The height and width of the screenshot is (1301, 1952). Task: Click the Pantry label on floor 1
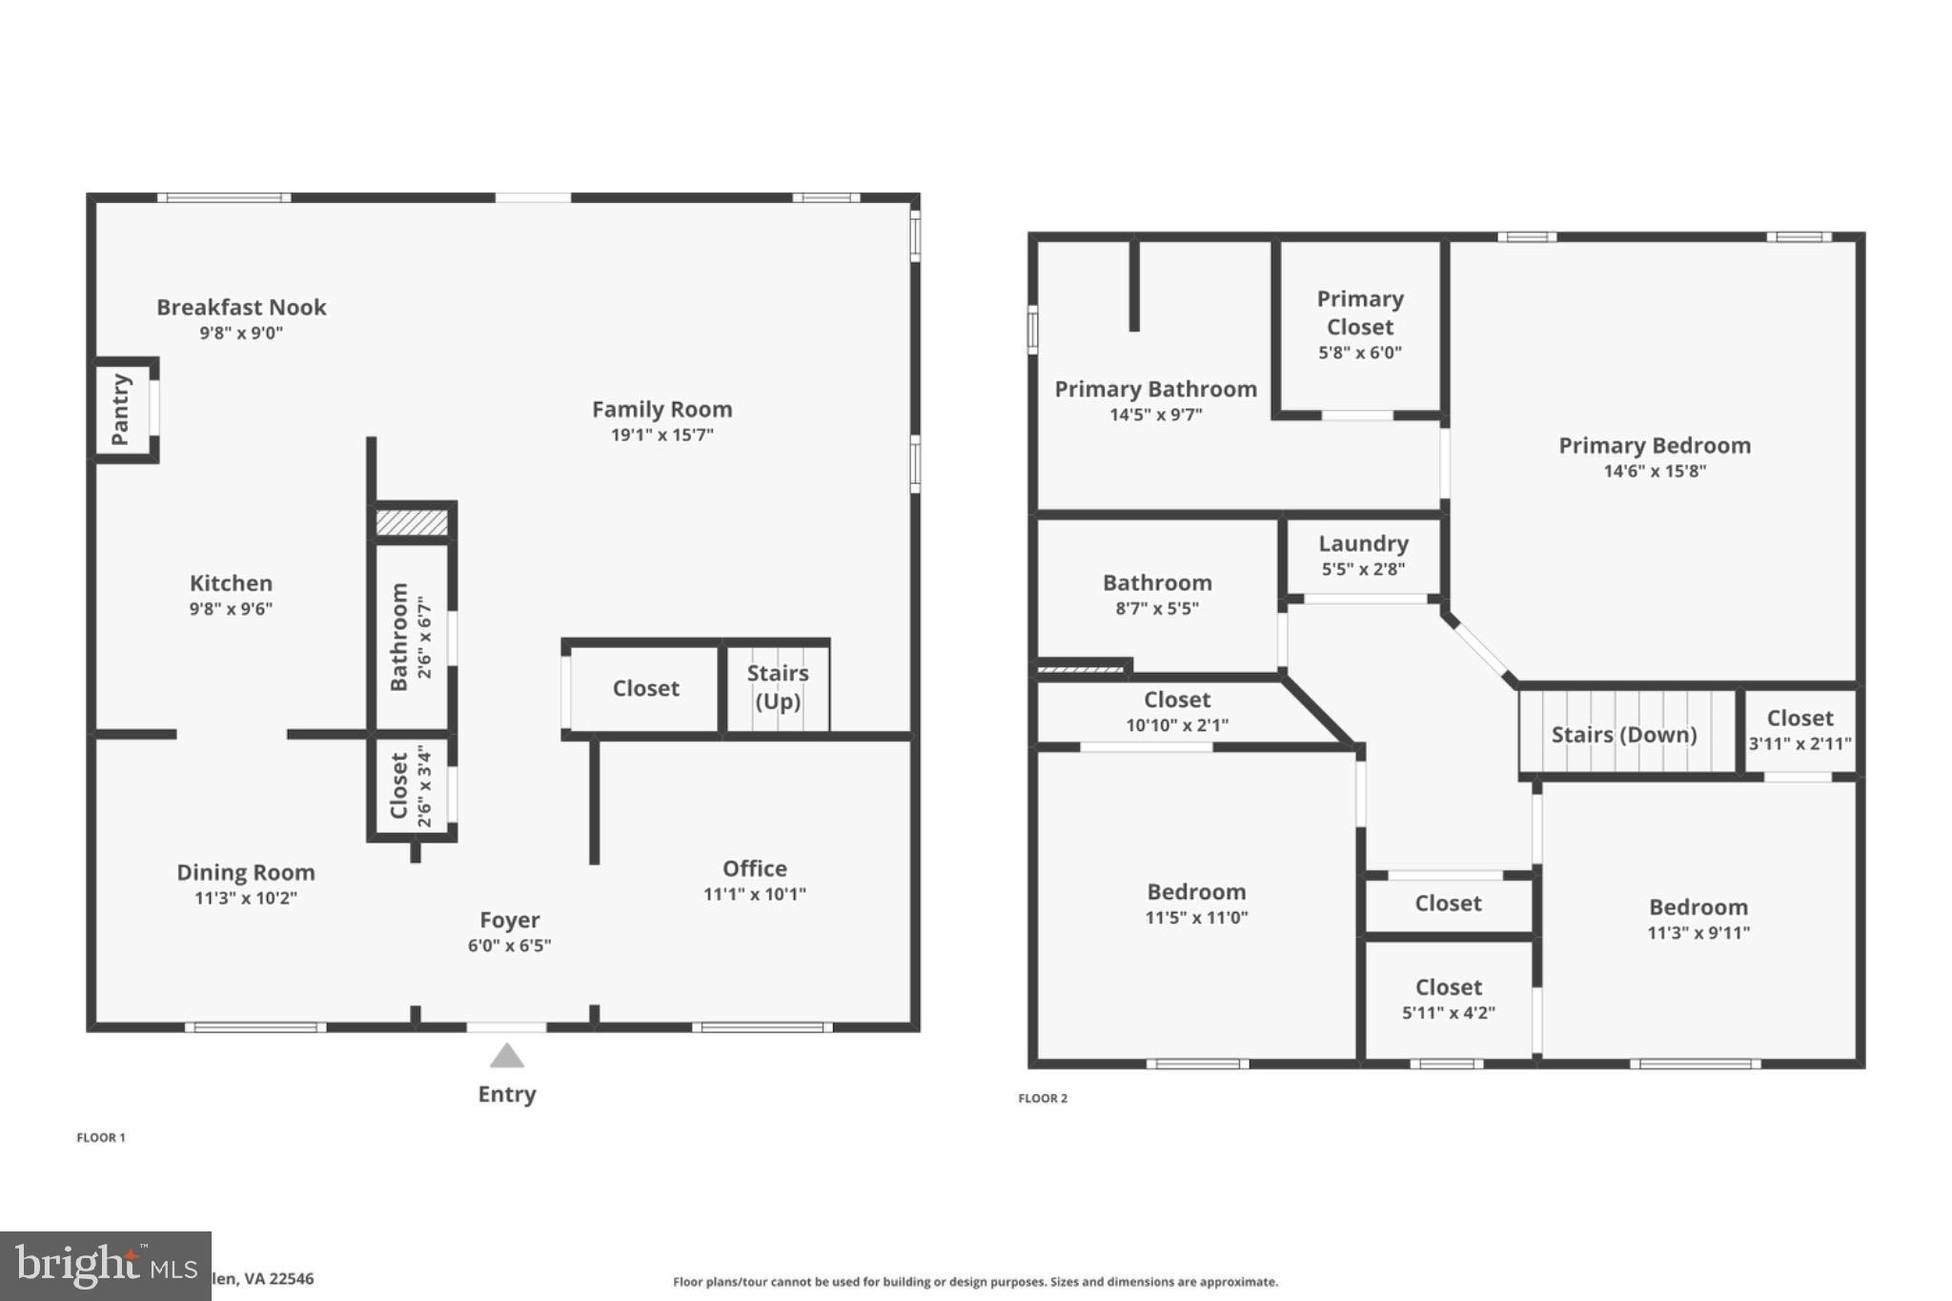pos(120,409)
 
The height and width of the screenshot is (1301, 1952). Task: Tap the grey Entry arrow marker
pos(507,1056)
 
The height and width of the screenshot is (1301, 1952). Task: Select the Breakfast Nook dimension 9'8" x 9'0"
pos(241,333)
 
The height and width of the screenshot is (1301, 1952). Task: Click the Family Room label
pos(661,409)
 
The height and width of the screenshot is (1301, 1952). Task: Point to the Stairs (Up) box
pos(777,687)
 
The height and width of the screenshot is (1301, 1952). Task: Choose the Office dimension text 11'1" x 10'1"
pos(754,894)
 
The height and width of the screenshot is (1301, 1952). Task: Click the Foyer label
pos(509,920)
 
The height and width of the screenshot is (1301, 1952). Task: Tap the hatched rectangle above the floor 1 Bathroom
pos(412,522)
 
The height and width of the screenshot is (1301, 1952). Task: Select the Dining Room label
pos(245,872)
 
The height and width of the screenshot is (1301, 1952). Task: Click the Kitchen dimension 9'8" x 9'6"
pos(231,609)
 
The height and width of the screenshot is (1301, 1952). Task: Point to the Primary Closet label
pos(1360,313)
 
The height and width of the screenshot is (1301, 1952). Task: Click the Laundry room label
pos(1363,543)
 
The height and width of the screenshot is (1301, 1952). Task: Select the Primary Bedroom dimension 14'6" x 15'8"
pos(1655,471)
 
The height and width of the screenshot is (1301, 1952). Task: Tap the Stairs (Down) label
pos(1623,734)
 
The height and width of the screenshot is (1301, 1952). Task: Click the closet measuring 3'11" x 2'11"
pos(1799,730)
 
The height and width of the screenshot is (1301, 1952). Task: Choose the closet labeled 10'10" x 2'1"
pos(1177,712)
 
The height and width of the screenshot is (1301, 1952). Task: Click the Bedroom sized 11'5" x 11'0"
pos(1196,904)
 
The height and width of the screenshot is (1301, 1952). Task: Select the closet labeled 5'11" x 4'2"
pos(1448,999)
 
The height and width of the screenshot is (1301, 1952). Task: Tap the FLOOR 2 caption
pos(1043,1098)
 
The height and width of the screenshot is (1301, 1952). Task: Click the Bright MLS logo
pos(105,1266)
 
